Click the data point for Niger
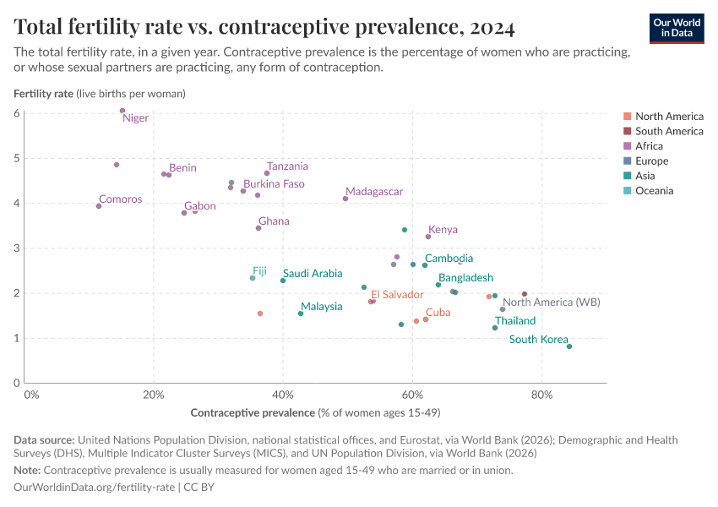point(122,111)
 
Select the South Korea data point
point(569,346)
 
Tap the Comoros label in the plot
point(120,199)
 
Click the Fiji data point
point(252,278)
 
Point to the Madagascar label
point(374,192)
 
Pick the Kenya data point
point(428,237)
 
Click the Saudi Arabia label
point(313,273)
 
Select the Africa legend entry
point(649,146)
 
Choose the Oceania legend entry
point(654,191)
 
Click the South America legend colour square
point(627,131)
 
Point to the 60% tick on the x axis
point(412,395)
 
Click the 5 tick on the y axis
point(17,158)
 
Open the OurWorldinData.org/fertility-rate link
point(95,488)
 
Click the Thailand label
point(515,321)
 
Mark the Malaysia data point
point(301,313)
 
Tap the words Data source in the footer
point(43,440)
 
